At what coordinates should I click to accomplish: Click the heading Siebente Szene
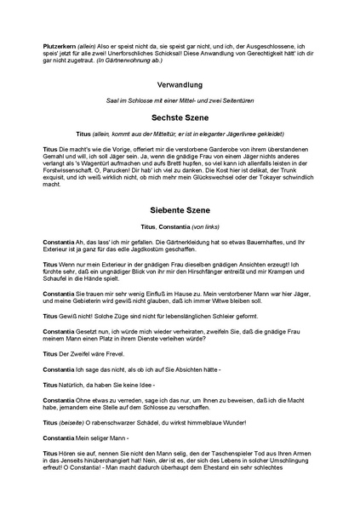[180, 209]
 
